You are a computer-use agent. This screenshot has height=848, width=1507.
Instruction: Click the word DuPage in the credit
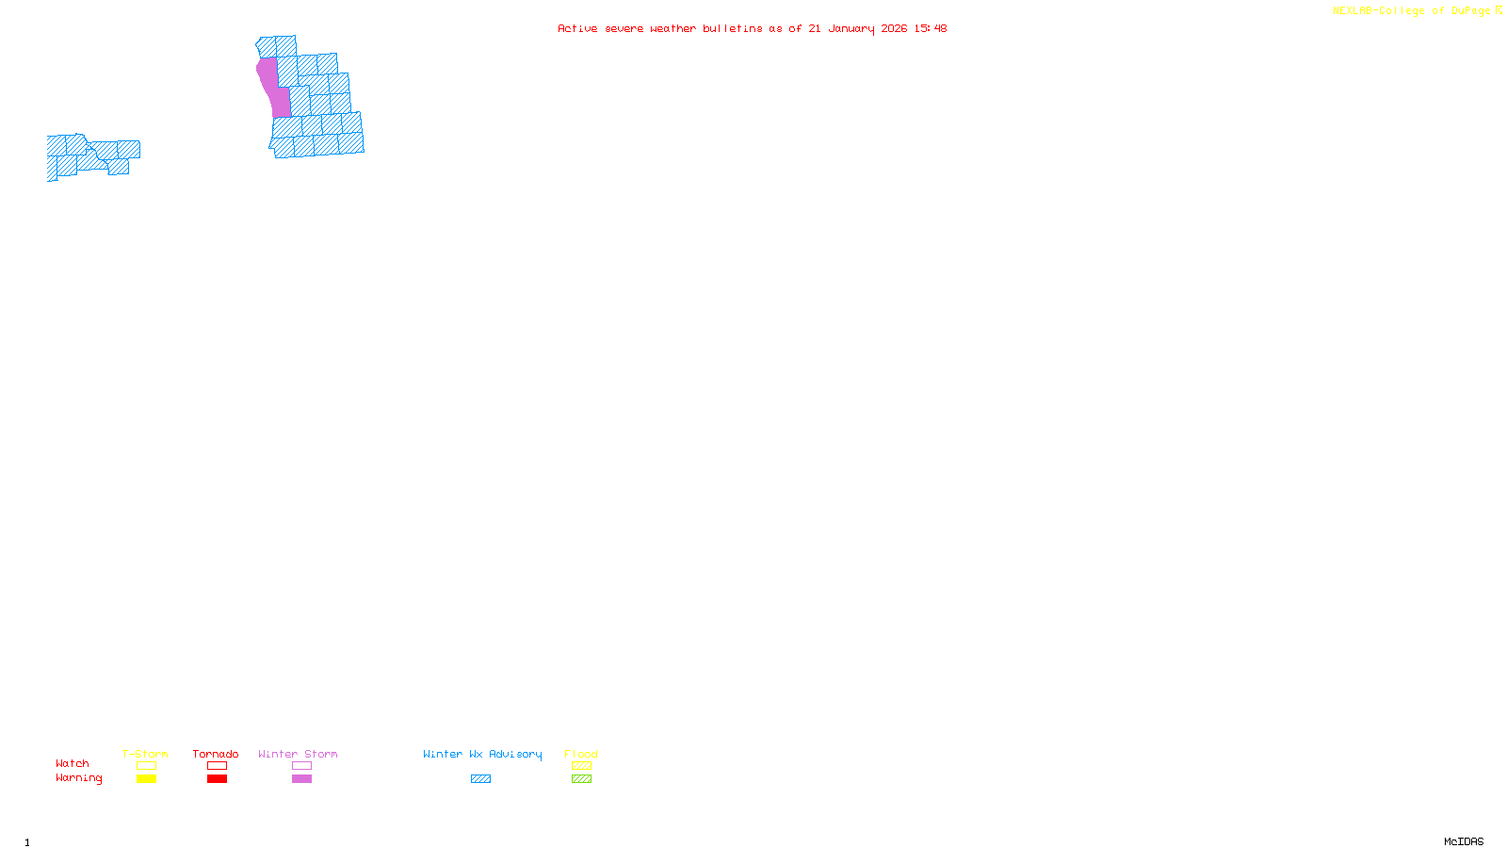tap(1470, 11)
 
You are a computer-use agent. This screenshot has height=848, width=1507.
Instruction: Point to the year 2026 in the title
tap(895, 28)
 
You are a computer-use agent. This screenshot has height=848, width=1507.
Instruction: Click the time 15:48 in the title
tap(931, 28)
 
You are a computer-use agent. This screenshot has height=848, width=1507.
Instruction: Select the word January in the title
tap(851, 28)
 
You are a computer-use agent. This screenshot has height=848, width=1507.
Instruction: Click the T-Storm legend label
tap(145, 754)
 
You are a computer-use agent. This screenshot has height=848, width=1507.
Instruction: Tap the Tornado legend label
tap(216, 754)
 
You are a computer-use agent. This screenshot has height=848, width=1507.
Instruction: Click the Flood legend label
tap(581, 754)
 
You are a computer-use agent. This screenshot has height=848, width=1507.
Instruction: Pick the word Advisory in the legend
tap(515, 754)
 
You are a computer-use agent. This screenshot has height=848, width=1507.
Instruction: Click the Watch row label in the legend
tap(73, 763)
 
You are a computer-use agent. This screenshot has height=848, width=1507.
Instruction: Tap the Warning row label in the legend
tap(79, 778)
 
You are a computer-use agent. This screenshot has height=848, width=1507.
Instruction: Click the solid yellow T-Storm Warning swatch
tap(146, 779)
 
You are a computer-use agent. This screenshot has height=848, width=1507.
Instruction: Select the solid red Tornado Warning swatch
tap(217, 779)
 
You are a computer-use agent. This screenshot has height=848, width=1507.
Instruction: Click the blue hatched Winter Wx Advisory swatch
tap(480, 779)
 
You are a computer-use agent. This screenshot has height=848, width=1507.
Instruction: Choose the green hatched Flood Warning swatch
tap(581, 779)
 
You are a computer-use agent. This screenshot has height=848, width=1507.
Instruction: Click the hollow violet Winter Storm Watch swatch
tap(301, 766)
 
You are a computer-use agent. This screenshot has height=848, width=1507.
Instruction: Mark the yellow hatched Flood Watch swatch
tap(581, 766)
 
